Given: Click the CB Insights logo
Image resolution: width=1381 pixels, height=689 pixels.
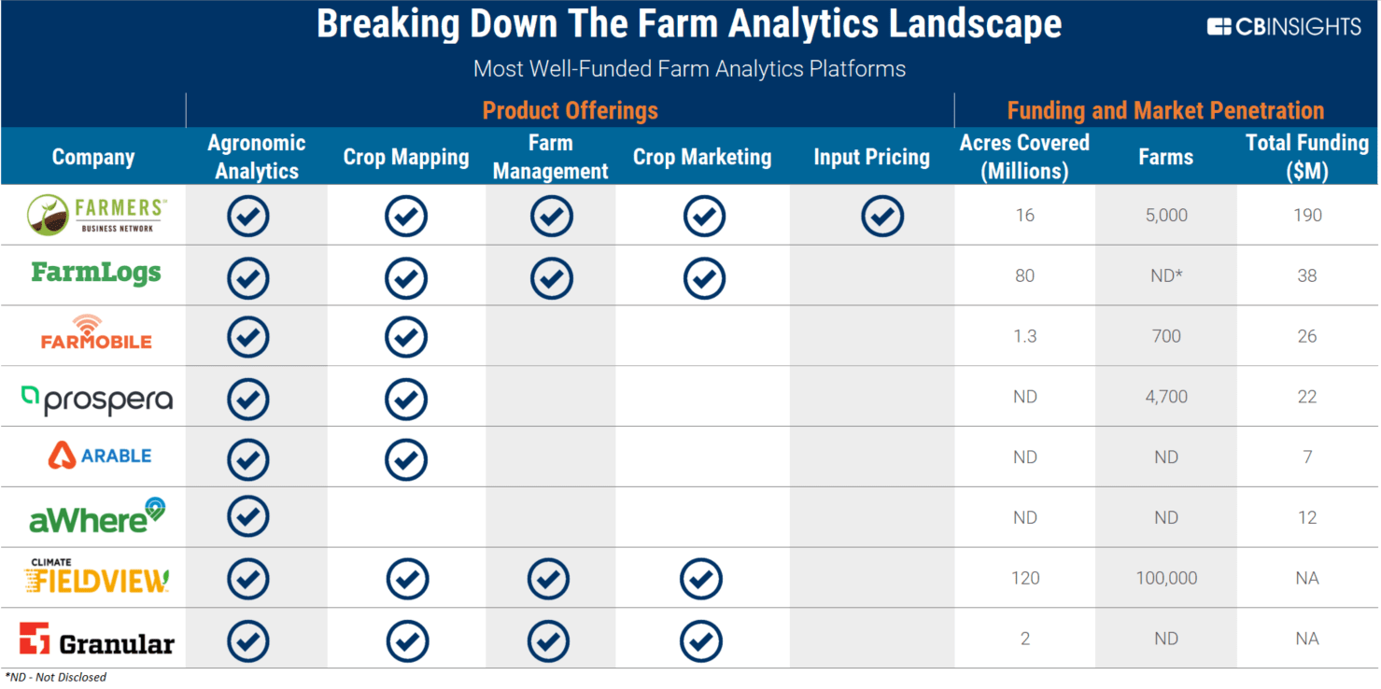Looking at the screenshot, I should [1284, 27].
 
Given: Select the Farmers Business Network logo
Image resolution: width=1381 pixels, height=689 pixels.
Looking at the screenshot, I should [94, 216].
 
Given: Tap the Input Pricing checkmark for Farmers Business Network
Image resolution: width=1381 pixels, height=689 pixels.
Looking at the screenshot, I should [881, 216].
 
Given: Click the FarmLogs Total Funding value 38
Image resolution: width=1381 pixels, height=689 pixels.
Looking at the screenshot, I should [1306, 275].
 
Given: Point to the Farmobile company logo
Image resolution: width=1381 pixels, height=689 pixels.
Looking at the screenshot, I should [96, 334].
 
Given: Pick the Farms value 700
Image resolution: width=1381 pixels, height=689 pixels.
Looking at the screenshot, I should [1165, 336].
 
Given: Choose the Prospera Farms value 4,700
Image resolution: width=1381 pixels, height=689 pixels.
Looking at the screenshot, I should [1165, 397].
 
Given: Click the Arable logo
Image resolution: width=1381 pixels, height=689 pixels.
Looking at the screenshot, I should [99, 456].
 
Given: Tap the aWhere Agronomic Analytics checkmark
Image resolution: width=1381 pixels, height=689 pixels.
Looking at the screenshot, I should [247, 516].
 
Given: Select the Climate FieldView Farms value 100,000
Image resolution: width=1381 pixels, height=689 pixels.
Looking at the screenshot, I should [1165, 578].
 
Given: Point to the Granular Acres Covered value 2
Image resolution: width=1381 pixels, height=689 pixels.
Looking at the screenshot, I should [1024, 639].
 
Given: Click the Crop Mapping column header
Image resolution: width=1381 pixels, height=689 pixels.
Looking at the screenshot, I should [405, 157].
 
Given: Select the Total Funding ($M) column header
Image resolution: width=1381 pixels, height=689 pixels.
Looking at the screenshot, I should [1306, 157].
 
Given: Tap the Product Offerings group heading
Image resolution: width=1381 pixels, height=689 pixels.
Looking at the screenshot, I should [570, 110].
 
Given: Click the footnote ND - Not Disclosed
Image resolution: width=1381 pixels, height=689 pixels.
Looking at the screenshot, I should [55, 677].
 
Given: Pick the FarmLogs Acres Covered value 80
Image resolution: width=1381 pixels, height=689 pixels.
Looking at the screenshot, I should [1024, 275].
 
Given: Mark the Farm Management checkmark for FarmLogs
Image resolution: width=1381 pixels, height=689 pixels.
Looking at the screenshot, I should [551, 277].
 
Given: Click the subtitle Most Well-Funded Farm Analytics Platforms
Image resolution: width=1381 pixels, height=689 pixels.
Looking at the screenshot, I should [689, 69].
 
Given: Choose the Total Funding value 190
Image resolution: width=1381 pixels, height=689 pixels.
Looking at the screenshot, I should [1306, 215].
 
